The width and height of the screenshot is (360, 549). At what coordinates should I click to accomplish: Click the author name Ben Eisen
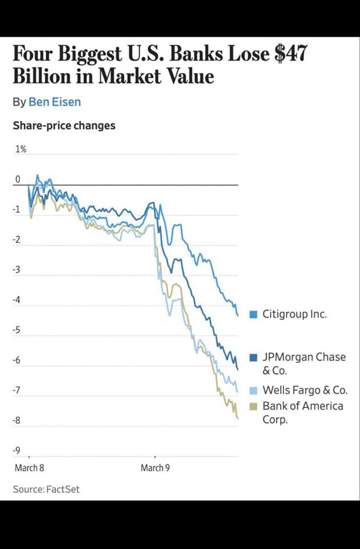(x=54, y=102)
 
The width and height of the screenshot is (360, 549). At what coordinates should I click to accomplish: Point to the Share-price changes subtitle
(x=64, y=125)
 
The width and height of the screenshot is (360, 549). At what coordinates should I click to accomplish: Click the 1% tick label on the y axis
(x=21, y=149)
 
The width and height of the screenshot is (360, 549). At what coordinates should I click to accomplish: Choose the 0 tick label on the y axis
(x=18, y=180)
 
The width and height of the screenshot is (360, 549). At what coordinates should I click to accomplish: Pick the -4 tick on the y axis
(x=17, y=300)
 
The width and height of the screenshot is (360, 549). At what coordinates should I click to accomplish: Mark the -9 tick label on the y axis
(x=17, y=451)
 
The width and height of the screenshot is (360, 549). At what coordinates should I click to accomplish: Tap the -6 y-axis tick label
(x=17, y=360)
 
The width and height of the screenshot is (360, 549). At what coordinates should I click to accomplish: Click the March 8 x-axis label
(x=29, y=468)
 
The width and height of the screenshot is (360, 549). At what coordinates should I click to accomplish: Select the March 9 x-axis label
(x=155, y=468)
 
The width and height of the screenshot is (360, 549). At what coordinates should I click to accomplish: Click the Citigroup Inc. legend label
(x=294, y=314)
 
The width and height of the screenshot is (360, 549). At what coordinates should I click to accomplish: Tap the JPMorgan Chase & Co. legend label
(x=303, y=363)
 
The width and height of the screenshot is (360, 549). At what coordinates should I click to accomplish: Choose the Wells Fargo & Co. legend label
(x=304, y=391)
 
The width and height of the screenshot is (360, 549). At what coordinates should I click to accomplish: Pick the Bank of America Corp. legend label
(x=303, y=412)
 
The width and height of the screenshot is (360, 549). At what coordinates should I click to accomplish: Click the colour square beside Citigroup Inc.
(x=254, y=314)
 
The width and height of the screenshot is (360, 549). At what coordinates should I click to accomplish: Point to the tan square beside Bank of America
(x=254, y=407)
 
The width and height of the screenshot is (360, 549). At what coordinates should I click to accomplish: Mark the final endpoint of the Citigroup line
(x=238, y=315)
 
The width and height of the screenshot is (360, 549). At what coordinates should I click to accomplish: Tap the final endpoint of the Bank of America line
(x=238, y=419)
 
